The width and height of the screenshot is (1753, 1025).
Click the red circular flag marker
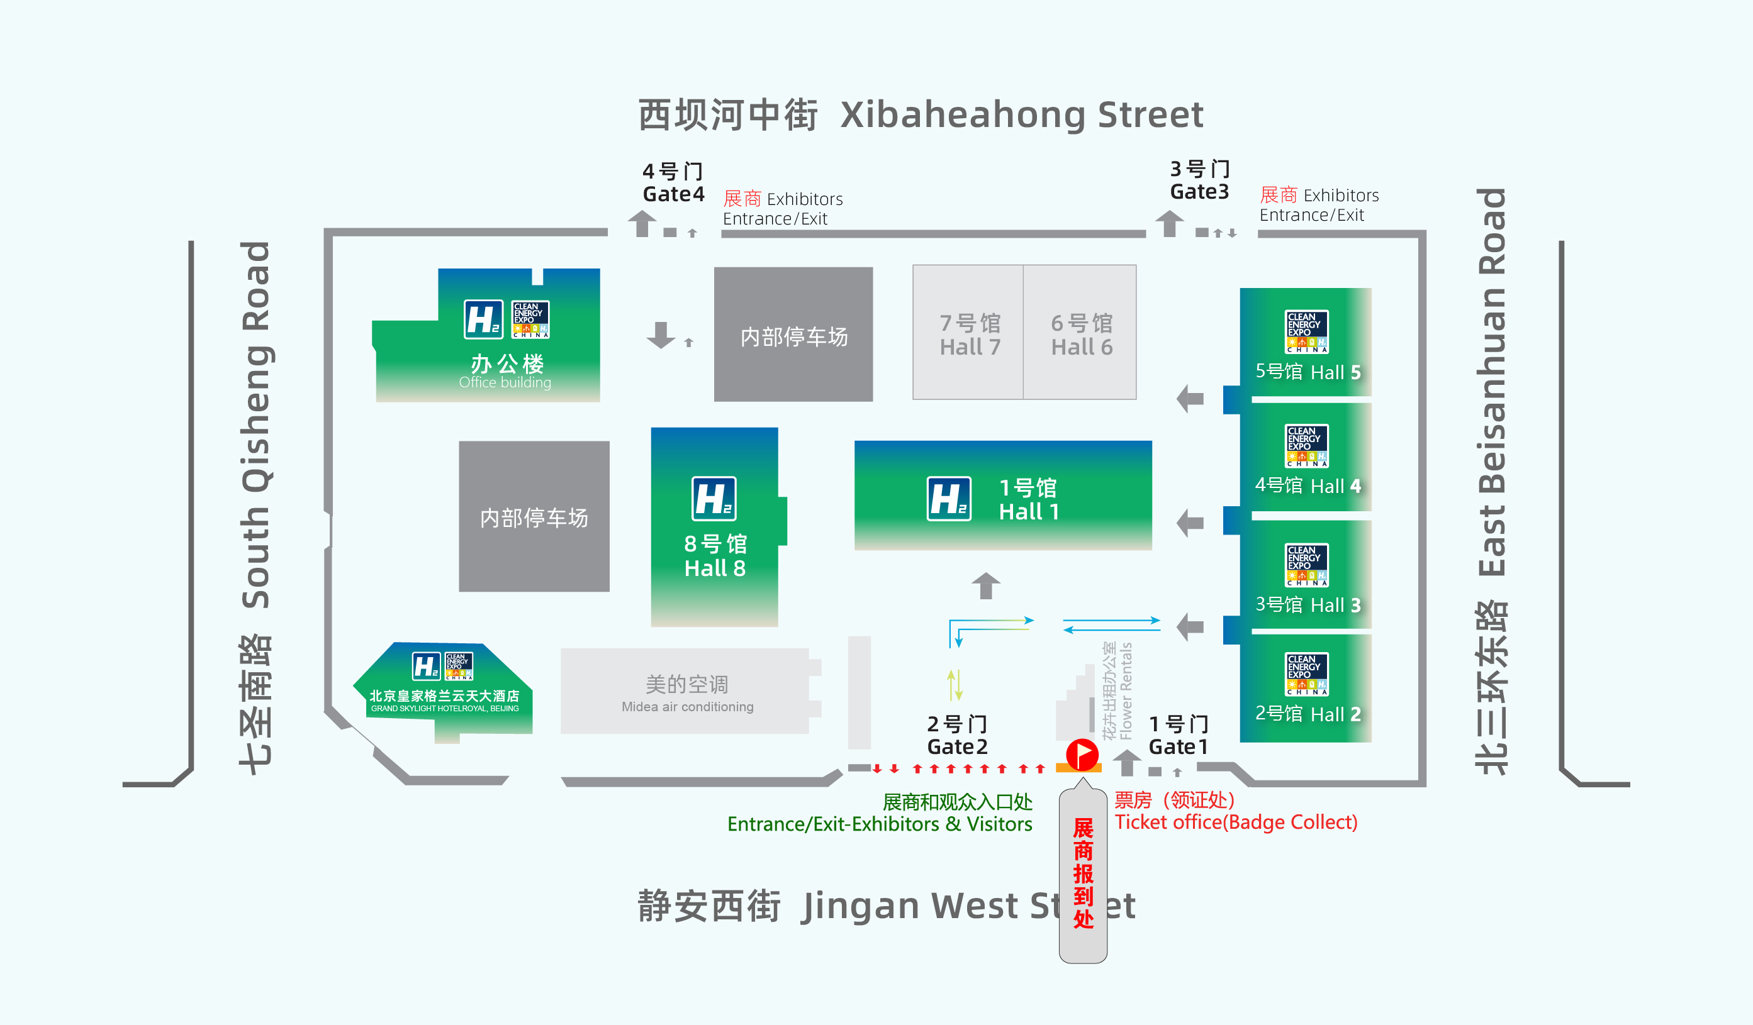1082,754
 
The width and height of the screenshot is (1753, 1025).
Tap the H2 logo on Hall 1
949,499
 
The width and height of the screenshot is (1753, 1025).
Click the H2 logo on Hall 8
714,499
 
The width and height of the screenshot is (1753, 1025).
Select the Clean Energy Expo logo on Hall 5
1306,331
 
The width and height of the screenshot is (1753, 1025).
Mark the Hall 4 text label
1308,485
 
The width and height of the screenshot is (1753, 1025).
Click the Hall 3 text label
1308,604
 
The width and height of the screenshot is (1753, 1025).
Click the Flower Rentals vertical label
1118,690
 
